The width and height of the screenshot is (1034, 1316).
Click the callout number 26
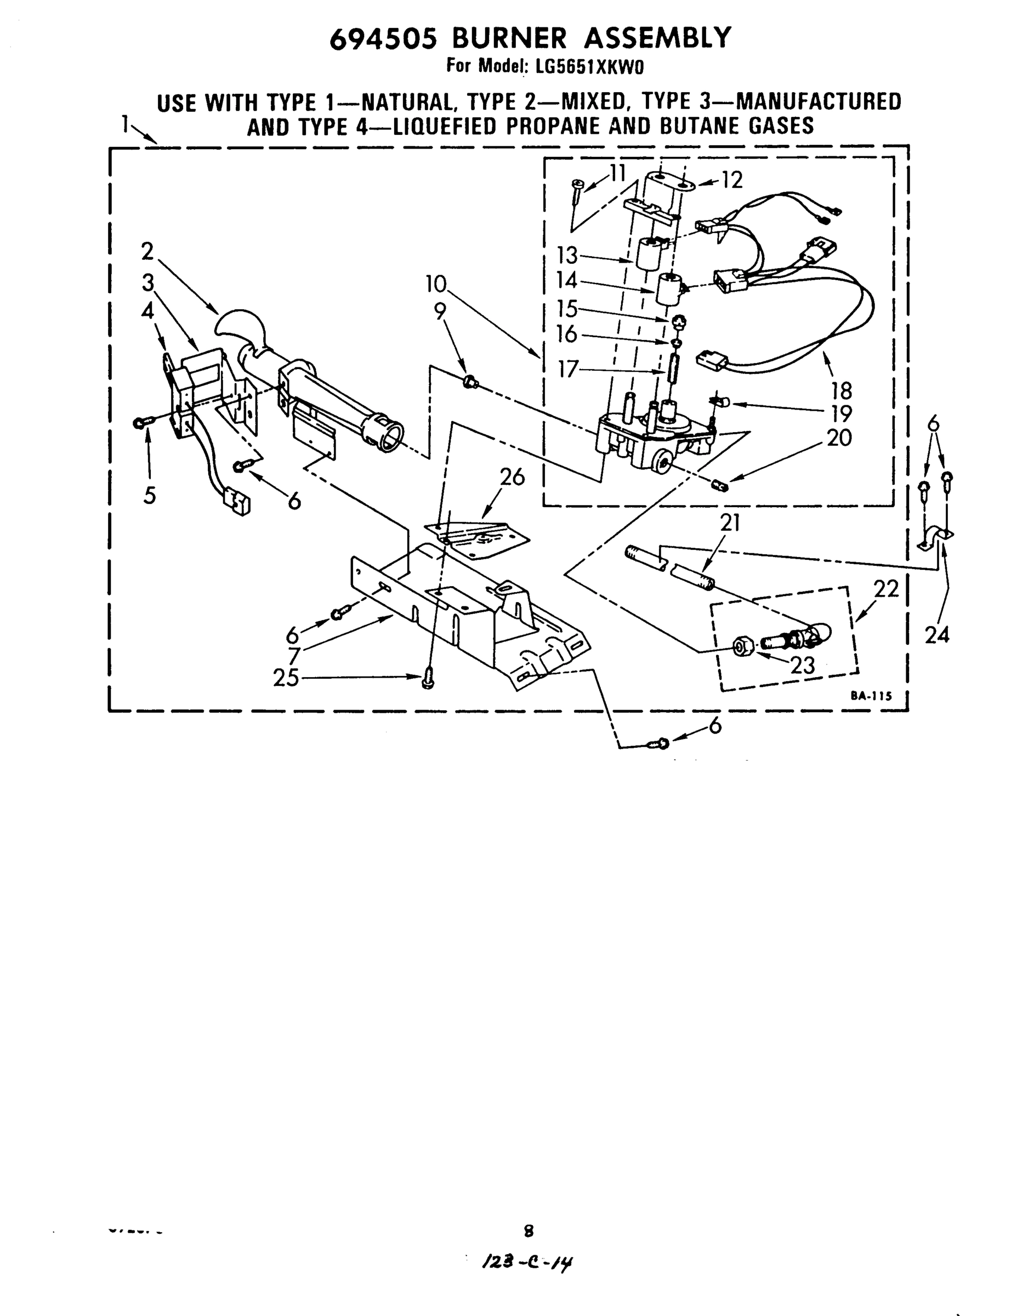point(512,478)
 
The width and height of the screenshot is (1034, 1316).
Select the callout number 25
point(286,678)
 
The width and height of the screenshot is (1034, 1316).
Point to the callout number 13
point(567,256)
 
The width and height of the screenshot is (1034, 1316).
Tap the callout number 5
point(150,495)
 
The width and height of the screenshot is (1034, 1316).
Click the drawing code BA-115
point(871,696)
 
